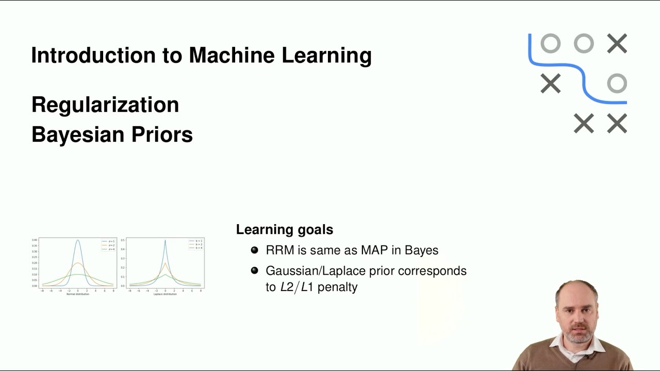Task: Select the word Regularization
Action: [x=105, y=105]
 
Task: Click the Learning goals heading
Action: [x=285, y=229]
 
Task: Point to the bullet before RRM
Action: [x=254, y=250]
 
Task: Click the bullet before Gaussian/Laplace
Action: [x=254, y=271]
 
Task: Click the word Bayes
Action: [x=421, y=250]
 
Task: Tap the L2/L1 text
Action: [x=297, y=287]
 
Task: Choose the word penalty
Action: [x=337, y=287]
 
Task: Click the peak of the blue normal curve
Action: [x=78, y=240]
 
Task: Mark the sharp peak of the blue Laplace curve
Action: [x=165, y=241]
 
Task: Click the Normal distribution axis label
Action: [x=78, y=294]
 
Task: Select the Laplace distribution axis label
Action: [x=165, y=294]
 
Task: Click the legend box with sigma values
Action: [x=108, y=245]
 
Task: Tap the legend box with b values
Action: [x=196, y=245]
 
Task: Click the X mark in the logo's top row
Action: [x=617, y=44]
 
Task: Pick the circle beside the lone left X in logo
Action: [x=617, y=83]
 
